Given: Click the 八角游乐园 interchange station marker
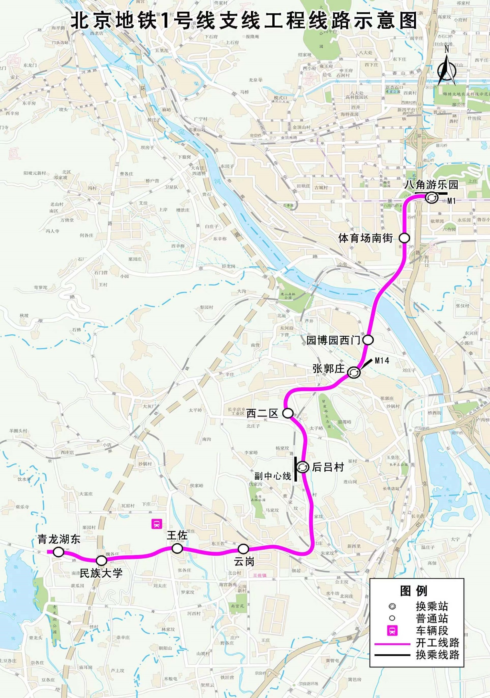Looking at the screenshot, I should [x=431, y=198].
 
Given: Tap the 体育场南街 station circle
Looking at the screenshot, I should [x=404, y=238].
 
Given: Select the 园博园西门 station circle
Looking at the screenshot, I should [x=368, y=340].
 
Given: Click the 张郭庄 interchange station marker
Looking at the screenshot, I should [x=354, y=372].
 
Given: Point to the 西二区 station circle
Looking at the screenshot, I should [x=288, y=413].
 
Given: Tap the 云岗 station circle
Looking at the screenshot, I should [x=243, y=549].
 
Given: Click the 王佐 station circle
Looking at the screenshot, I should [x=177, y=548].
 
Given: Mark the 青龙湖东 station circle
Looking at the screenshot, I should [x=58, y=552].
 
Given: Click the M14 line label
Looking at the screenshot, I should [x=382, y=361].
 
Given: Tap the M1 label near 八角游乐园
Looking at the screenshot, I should [x=452, y=201].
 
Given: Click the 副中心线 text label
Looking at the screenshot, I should [x=273, y=476].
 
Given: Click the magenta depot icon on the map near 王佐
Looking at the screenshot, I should [x=157, y=524].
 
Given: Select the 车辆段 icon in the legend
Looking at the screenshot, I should [x=392, y=630].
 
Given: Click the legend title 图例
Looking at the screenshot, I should [x=414, y=591].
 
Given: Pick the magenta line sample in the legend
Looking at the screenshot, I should [x=392, y=644].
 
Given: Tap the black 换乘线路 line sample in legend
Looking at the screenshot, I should [x=392, y=655].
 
